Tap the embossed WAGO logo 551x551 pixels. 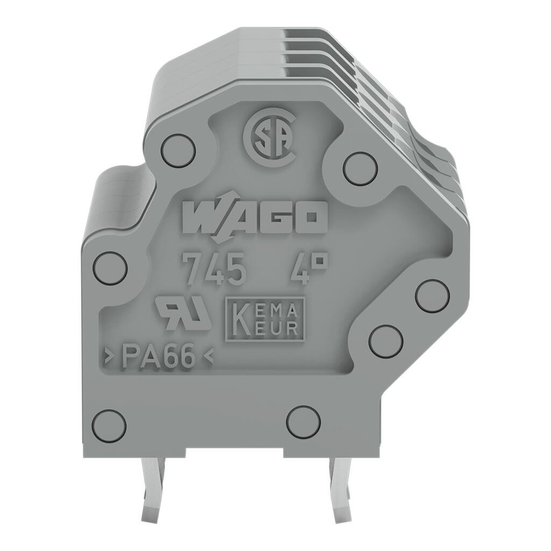pos(255,217)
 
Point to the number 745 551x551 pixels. pos(214,269)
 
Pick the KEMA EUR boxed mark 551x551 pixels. pos(265,319)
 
